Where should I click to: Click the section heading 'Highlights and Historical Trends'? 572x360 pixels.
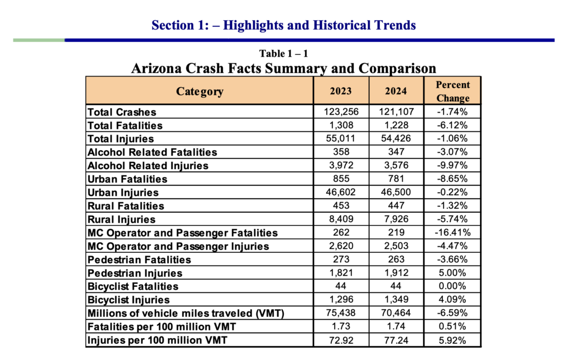(319, 25)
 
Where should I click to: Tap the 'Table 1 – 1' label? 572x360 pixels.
(283, 54)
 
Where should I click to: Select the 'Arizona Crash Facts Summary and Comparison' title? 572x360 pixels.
(283, 69)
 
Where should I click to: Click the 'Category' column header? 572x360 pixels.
(199, 91)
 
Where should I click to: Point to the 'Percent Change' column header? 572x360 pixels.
(452, 91)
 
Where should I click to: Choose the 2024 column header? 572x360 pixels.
(396, 91)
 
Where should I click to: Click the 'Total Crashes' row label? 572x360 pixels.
(122, 112)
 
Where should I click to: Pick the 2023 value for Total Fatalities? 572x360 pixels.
(341, 125)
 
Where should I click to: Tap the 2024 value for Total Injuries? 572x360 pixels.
(396, 138)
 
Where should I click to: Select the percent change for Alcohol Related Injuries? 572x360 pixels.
(452, 165)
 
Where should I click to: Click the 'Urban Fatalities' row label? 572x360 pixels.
(127, 179)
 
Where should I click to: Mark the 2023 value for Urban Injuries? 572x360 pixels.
(341, 192)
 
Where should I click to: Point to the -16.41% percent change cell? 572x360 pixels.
(452, 233)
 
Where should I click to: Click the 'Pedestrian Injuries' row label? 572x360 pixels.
(135, 273)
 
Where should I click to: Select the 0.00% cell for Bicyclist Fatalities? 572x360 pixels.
(452, 286)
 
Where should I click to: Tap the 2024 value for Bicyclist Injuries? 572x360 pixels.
(396, 300)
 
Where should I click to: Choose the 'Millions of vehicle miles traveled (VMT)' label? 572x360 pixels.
(185, 313)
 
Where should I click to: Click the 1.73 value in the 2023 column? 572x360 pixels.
(341, 327)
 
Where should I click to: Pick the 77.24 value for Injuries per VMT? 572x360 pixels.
(396, 340)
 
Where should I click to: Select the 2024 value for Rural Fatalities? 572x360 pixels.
(396, 205)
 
